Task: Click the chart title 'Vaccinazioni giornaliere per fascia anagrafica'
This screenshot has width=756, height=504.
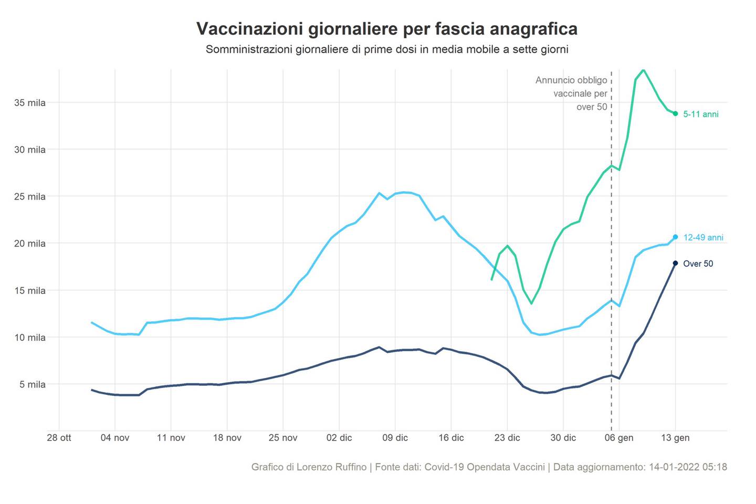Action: (387, 29)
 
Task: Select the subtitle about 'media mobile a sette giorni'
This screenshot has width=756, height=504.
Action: (387, 50)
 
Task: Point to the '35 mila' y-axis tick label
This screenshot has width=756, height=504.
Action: (30, 103)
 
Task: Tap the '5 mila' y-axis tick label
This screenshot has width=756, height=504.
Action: (33, 385)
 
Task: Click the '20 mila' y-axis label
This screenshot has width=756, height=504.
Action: (30, 244)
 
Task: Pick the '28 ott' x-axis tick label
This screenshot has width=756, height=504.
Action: (59, 438)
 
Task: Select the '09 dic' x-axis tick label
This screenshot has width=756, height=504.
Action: (395, 438)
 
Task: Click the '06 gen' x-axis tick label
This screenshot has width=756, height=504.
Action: (619, 438)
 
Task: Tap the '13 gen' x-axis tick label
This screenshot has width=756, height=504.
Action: (675, 438)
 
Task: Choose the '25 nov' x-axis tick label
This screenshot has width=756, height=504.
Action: (283, 438)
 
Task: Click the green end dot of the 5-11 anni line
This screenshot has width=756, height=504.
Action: (675, 113)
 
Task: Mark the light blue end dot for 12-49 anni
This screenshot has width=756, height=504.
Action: (675, 237)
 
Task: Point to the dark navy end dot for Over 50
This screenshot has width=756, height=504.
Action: (675, 263)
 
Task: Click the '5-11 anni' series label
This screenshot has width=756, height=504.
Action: (700, 114)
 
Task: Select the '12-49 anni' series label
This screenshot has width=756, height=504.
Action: (703, 238)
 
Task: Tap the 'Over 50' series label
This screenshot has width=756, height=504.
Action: (698, 264)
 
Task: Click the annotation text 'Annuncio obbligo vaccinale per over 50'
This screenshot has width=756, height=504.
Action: (572, 93)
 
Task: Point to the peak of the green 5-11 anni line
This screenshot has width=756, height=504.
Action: (644, 70)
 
